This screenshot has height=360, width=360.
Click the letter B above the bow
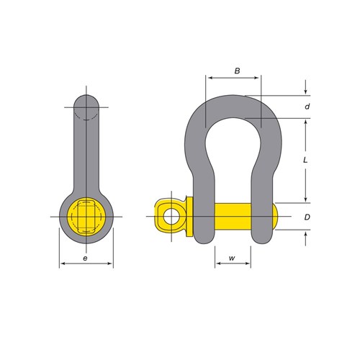pos(237,70)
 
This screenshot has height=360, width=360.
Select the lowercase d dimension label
pos(307,106)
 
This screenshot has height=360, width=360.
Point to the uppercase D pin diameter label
pos(307,217)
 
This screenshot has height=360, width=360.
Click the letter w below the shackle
pos(233,258)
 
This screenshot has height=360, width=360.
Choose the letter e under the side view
pos(86,257)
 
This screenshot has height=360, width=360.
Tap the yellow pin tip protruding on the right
pos(276,216)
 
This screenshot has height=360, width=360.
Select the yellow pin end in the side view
pos(86,216)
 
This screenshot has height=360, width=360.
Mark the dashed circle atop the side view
pos(86,108)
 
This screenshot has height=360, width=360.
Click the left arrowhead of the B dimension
pos(208,77)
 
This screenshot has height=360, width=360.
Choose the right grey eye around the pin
pos(263,216)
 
